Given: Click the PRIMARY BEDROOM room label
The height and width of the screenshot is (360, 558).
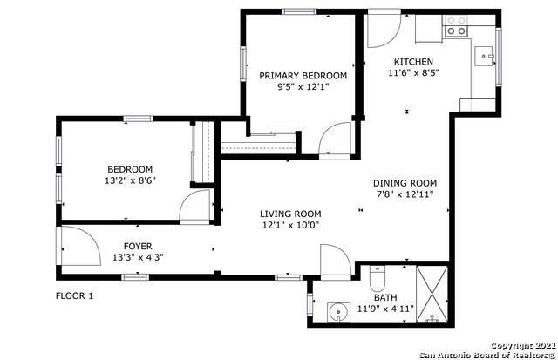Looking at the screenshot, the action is (303, 76).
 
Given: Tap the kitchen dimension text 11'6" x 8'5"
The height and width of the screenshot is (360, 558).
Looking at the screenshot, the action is (413, 73).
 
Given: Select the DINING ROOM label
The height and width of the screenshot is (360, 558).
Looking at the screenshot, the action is (405, 183).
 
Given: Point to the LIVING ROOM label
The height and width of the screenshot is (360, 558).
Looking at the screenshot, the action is (290, 214).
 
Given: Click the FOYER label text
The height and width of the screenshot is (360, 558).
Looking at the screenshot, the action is (138, 246).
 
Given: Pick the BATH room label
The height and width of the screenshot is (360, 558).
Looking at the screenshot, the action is (385, 297).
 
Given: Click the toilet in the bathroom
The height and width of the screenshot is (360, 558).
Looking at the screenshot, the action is (378, 278).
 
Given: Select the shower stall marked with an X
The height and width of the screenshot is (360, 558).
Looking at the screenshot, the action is (432, 294).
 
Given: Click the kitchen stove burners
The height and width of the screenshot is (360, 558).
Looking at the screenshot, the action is (456, 26).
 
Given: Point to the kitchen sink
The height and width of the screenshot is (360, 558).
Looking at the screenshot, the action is (484, 56).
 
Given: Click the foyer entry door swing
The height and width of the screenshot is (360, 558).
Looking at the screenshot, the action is (81, 246).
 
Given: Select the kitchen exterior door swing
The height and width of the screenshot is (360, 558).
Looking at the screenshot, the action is (384, 31).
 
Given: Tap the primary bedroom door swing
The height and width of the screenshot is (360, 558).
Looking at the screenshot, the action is (335, 139).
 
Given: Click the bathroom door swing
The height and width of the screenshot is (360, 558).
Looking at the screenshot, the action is (336, 260).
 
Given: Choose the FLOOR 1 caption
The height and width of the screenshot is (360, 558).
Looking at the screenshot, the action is (74, 296).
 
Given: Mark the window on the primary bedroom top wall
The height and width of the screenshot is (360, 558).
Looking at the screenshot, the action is (299, 11).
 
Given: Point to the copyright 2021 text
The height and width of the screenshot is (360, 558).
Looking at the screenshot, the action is (523, 346).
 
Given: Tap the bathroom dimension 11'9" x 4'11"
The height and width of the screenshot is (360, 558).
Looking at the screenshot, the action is (385, 309).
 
